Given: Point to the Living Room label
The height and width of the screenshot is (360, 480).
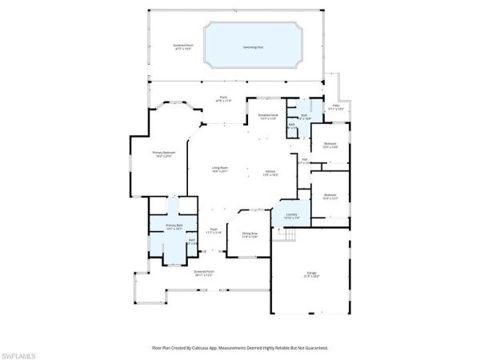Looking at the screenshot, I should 220,170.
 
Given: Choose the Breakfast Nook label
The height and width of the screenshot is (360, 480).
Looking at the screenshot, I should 268,117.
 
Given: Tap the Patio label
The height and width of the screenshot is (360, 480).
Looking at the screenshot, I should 337,107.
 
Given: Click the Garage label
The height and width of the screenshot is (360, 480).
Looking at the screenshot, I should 311,274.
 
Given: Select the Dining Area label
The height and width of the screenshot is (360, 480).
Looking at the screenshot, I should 250,234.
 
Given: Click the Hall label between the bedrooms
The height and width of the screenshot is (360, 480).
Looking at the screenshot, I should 304,160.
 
